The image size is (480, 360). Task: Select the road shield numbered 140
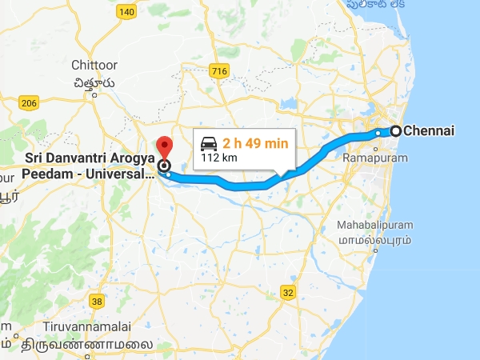tap(126, 12)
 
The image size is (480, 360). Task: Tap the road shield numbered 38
tap(98, 302)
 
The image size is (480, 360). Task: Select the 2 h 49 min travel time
tap(254, 142)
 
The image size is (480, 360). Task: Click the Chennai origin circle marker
tap(395, 131)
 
